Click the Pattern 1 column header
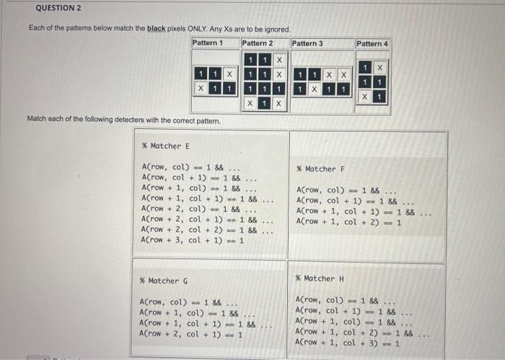coord(208,43)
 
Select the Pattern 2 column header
coord(258,43)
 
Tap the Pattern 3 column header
coord(307,43)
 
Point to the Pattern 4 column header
coord(372,43)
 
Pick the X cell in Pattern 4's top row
coord(379,67)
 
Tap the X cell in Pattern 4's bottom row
coord(365,96)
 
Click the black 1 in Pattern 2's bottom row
coord(264,104)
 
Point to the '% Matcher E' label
coord(162,146)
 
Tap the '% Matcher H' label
coord(315,278)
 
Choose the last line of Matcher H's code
coord(347,343)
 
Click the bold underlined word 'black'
coord(157,28)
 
